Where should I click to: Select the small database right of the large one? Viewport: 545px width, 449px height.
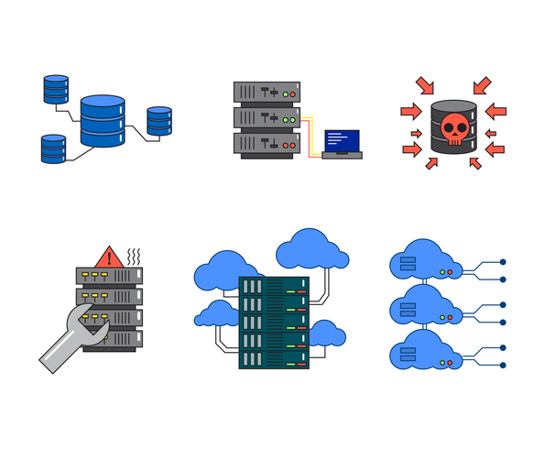(x=159, y=122)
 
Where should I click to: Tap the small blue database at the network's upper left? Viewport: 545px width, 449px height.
(x=56, y=90)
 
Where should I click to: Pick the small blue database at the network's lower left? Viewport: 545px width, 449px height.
(x=54, y=148)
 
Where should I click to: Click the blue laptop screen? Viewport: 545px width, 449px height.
(x=342, y=140)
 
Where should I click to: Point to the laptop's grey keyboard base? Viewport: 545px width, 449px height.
(x=342, y=155)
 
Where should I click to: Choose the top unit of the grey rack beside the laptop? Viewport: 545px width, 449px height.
(x=267, y=93)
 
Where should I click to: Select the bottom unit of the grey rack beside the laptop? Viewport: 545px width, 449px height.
(x=267, y=144)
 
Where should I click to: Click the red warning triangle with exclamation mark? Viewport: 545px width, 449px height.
(x=109, y=256)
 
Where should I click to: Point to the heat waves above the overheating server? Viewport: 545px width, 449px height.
(x=133, y=256)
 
